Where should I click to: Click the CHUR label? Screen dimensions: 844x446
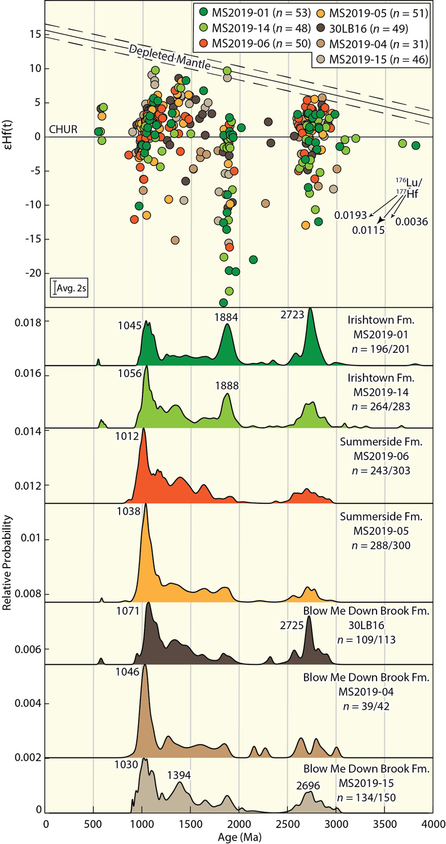63,130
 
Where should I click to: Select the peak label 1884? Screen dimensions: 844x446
226,317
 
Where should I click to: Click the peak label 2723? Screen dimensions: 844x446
292,315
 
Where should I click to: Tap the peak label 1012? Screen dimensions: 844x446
127,436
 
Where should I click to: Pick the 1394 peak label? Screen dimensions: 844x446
180,775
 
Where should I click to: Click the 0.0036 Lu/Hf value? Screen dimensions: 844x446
412,221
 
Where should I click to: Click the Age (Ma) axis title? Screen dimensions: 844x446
240,836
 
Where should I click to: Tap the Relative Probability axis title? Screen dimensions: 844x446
8,562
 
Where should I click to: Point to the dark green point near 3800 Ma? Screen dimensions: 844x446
416,145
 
